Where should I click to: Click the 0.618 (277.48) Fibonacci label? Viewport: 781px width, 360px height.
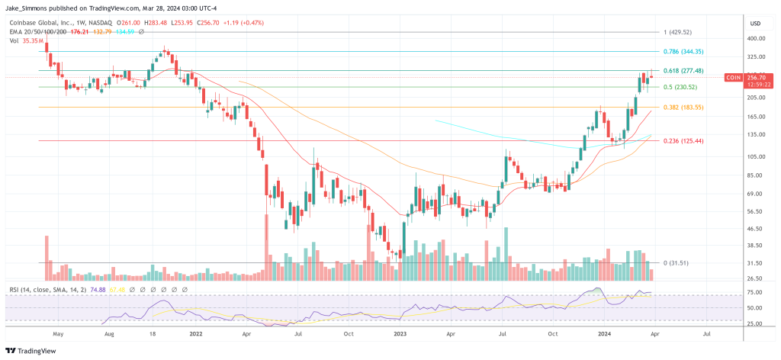[683, 70]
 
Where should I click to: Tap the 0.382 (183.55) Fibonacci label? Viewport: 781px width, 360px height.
[683, 108]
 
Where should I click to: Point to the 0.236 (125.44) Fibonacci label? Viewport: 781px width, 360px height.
[683, 141]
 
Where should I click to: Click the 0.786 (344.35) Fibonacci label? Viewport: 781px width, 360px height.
[683, 51]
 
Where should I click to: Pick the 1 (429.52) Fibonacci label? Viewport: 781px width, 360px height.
[677, 32]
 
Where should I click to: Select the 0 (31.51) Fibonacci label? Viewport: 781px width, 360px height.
[676, 263]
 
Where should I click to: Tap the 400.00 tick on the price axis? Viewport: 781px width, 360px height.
[756, 38]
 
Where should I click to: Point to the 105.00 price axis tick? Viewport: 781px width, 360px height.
[756, 157]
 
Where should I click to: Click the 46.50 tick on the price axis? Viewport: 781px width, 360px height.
[756, 229]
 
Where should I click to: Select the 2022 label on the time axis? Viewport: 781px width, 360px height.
[196, 333]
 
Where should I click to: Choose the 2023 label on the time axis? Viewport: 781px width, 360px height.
[400, 333]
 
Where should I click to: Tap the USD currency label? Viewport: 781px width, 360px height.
[756, 21]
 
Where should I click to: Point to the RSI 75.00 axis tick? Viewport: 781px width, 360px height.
[756, 291]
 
